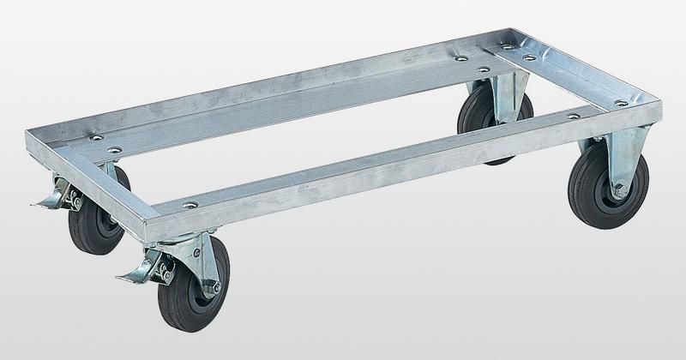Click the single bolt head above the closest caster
[x=190, y=207]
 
